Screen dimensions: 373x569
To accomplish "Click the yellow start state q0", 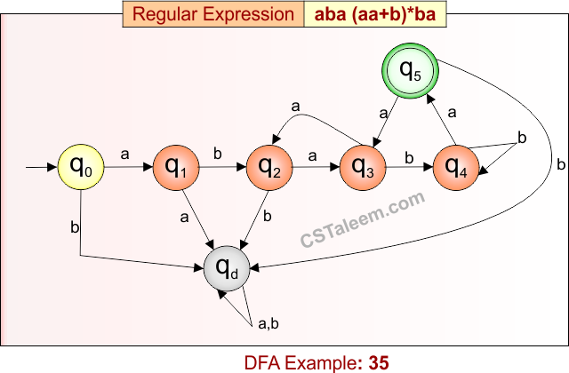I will coord(81,166).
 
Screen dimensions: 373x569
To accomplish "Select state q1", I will coord(176,166).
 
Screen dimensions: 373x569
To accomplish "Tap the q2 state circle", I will coord(269,166).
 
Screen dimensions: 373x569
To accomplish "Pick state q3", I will coord(363,166).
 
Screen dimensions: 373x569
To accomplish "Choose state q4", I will coord(456,166).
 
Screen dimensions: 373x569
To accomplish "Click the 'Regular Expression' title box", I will coord(213,14).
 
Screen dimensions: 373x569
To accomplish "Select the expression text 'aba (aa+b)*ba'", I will coord(374,14).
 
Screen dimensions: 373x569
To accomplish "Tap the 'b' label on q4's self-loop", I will coord(522,139).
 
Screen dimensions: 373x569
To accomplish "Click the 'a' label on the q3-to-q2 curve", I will coord(296,107).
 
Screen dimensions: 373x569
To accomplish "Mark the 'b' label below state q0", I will coord(74,226).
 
